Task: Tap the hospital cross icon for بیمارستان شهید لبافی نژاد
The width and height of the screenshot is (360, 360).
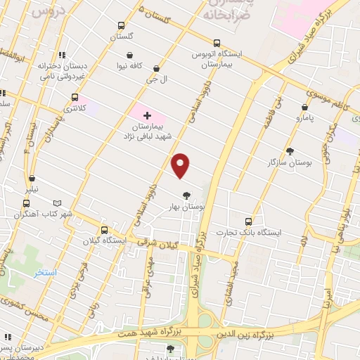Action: pyautogui.click(x=147, y=115)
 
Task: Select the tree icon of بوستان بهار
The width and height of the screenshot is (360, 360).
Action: pyautogui.click(x=186, y=195)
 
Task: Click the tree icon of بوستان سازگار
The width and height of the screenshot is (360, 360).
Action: pyautogui.click(x=290, y=151)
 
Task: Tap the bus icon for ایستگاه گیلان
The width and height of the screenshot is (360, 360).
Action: pyautogui.click(x=105, y=229)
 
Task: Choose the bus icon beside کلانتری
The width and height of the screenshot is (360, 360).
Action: pyautogui.click(x=75, y=98)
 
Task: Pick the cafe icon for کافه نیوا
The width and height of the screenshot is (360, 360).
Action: pyautogui.click(x=130, y=55)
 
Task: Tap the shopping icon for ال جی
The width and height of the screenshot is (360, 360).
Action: pyautogui.click(x=156, y=69)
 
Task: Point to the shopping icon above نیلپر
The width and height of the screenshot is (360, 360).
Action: pyautogui.click(x=32, y=179)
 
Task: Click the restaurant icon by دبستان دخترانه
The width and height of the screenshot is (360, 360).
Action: pyautogui.click(x=63, y=54)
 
